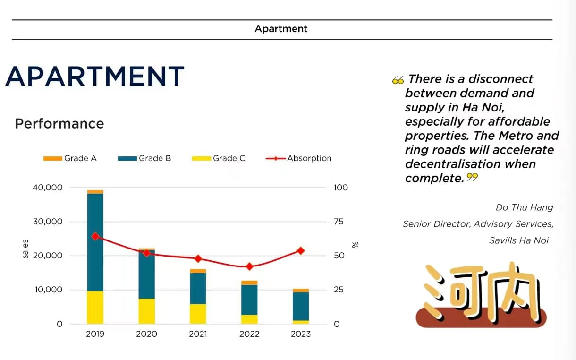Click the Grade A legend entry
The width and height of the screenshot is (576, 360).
70,158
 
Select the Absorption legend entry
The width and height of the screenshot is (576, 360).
298,158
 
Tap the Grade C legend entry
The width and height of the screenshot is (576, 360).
219,158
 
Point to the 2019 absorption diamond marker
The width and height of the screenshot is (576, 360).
95,237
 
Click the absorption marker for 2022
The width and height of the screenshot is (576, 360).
249,266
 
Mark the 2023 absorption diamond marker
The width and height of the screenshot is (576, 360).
301,251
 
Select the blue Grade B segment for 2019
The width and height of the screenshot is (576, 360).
95,242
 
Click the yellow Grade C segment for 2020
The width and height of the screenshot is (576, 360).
146,311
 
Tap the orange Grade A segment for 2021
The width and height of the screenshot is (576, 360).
198,271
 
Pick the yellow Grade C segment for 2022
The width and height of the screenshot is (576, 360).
249,319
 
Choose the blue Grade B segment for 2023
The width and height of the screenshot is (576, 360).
301,307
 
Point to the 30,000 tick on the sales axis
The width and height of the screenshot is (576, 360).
48,222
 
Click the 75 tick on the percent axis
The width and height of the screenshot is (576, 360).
339,222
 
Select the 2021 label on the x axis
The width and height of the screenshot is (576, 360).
198,334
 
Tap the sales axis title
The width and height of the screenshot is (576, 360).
25,249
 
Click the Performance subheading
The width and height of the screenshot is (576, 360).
59,123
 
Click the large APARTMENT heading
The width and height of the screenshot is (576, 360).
95,76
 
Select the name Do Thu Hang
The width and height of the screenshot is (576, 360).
525,207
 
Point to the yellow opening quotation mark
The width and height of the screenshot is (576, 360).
398,80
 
